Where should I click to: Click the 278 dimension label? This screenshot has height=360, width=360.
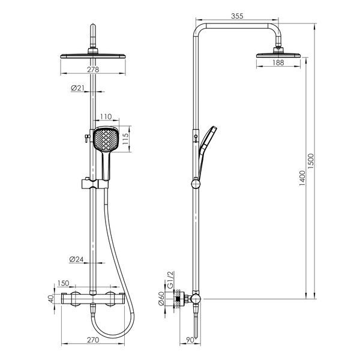pos(93,69)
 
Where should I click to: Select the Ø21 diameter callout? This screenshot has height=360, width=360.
pos(77,88)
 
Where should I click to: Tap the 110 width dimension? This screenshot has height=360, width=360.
pos(106,116)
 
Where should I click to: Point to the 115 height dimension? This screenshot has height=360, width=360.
pos(125,139)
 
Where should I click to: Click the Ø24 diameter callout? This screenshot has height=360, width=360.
pos(76,259)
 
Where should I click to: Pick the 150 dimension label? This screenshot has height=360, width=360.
pos(63,283)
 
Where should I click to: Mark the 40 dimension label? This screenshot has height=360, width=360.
pos(51,298)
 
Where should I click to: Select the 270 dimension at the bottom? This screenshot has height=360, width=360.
pos(93,340)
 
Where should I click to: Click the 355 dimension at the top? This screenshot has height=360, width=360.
pos(237,16)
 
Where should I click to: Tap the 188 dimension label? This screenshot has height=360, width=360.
pos(278,62)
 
